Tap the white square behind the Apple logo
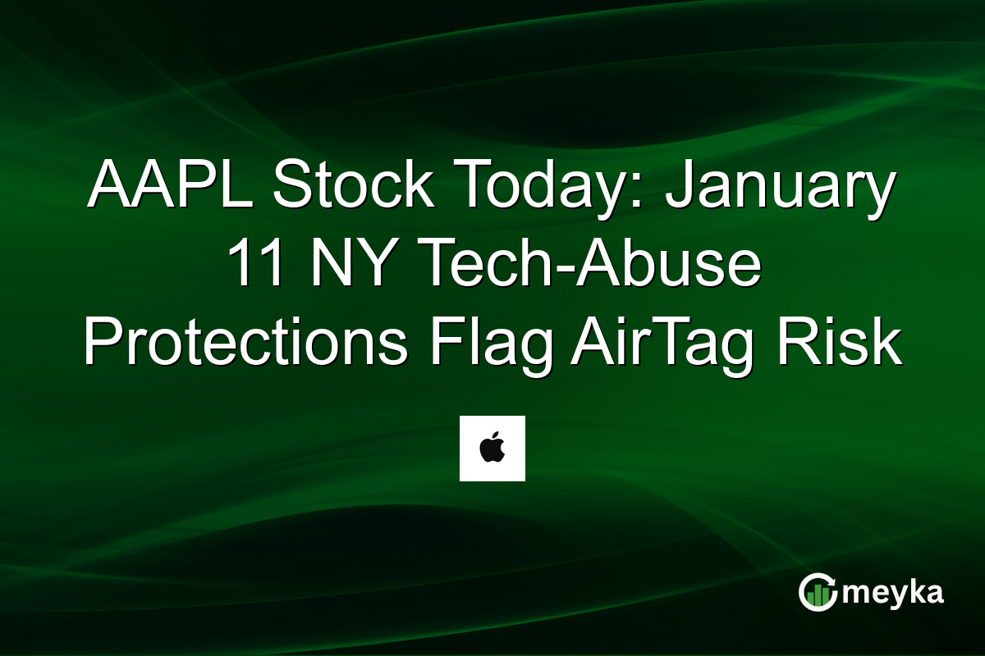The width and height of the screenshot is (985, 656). point(472,467)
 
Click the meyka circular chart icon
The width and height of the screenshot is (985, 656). point(817,592)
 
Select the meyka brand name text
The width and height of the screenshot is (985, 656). point(892,593)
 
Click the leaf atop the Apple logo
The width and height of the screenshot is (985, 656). point(496,440)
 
